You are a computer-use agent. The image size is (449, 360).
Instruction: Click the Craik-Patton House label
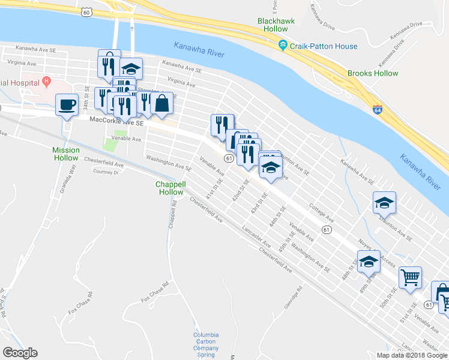pos(323,46)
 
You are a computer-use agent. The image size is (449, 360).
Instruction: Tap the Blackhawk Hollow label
pos(273,25)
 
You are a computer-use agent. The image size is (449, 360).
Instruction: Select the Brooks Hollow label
pos(372,73)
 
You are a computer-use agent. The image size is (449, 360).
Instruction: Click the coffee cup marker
pos(67,105)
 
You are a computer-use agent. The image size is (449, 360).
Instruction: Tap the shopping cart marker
pos(410,278)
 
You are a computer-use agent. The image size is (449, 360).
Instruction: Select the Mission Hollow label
pos(65,154)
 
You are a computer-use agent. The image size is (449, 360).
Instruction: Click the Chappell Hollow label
pos(170,188)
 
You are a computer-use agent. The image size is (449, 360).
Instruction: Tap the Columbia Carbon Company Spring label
pos(206,344)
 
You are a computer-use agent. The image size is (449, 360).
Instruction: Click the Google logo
pos(20,353)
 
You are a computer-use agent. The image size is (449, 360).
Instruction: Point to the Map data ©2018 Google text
pos(412,355)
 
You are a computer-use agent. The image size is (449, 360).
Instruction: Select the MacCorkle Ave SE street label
pos(116,121)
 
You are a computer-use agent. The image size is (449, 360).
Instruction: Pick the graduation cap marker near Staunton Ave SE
pos(384,203)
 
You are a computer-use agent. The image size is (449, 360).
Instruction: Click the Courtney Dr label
pos(106,172)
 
